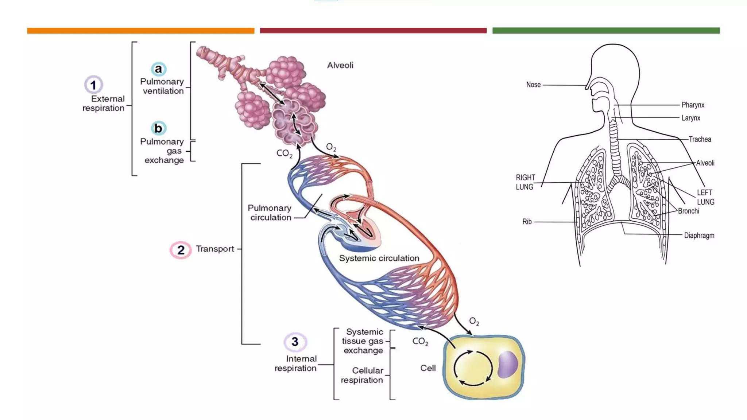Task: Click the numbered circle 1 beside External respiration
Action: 93,85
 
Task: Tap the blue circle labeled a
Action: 158,69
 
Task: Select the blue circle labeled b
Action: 158,128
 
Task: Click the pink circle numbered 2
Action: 181,250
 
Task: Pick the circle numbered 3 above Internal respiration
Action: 295,342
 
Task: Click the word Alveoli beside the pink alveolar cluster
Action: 340,65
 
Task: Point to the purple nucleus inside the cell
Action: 507,364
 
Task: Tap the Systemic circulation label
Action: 379,258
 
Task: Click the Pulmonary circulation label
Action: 270,213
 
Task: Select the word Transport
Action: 215,249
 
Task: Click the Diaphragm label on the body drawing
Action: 699,236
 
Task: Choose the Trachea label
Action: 700,139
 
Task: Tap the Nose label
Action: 533,85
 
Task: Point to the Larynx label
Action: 690,118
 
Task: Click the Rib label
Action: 527,222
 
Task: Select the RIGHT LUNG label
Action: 525,182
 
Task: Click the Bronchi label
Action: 688,211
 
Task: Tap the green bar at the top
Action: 606,31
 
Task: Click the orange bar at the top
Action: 140,31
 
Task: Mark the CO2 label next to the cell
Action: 420,341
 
